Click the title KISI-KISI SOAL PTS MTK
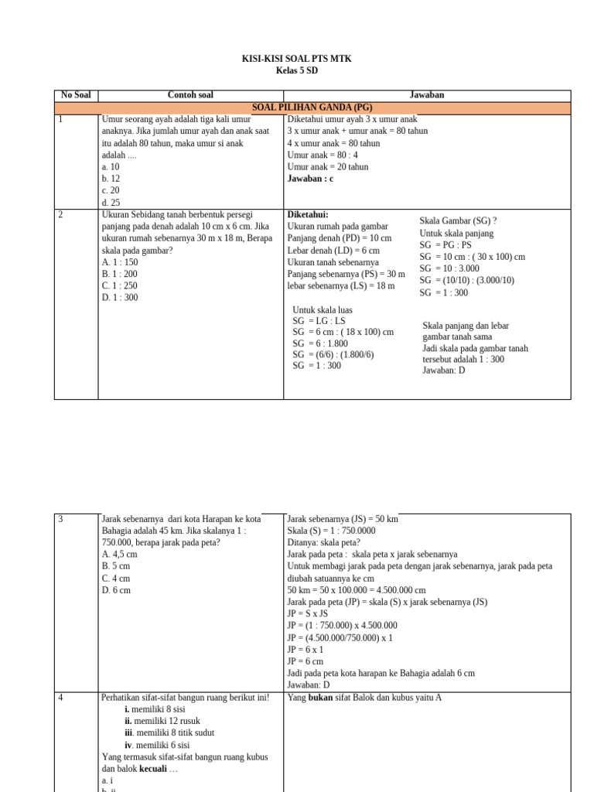[x=297, y=59]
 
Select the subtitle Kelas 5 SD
[x=297, y=71]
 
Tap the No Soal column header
[x=76, y=95]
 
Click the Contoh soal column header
[x=190, y=95]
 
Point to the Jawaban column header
[x=426, y=95]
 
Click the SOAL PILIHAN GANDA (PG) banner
[x=312, y=108]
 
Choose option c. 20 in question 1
[x=111, y=190]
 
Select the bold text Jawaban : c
[x=311, y=179]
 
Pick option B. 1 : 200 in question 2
[x=119, y=274]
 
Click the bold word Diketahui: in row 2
[x=308, y=214]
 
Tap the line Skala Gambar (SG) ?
[x=458, y=221]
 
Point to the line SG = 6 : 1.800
[x=320, y=343]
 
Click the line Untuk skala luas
[x=323, y=310]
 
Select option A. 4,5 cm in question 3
[x=119, y=555]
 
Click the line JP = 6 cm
[x=306, y=661]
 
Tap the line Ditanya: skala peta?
[x=325, y=542]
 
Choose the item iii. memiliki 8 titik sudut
[x=169, y=732]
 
